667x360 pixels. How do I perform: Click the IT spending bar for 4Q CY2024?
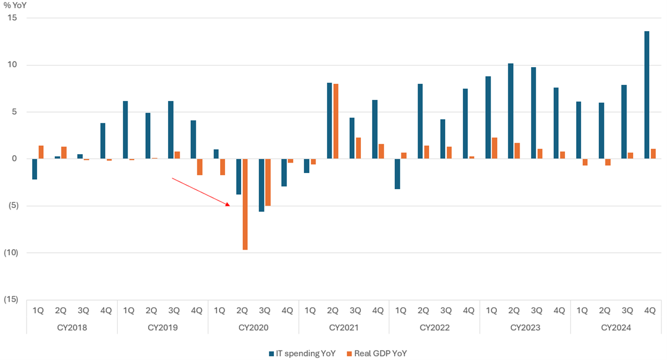coord(646,95)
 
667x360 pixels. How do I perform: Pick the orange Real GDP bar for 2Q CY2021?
coord(335,121)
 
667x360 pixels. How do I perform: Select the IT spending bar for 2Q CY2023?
coord(511,111)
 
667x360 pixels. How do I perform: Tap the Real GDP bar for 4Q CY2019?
coord(200,167)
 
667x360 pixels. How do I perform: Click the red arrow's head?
coord(228,205)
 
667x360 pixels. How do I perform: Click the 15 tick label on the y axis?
coord(13,18)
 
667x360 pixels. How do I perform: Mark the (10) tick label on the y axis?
coord(10,253)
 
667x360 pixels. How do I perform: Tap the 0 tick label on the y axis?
coord(15,159)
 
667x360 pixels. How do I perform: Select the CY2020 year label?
coord(253,328)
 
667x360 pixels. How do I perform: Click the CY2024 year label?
coord(616,328)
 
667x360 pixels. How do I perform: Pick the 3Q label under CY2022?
coord(446,311)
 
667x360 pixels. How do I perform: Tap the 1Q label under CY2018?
coord(38,311)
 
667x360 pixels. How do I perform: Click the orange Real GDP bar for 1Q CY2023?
coord(494,148)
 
